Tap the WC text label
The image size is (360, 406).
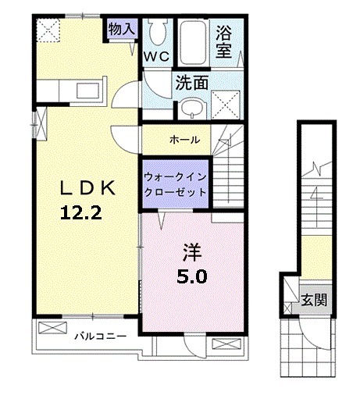[x=156, y=56]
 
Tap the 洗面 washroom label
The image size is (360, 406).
[x=190, y=80]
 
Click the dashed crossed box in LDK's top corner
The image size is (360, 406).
[x=48, y=32]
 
